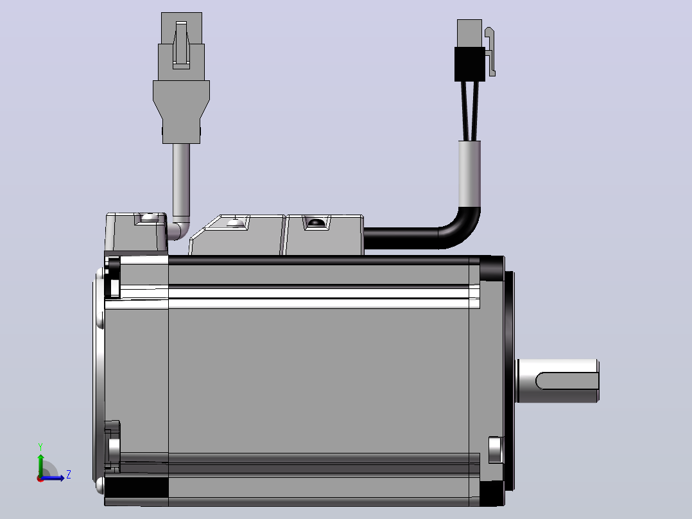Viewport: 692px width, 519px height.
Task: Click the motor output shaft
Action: click(x=557, y=381)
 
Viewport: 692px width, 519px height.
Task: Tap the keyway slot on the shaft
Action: click(x=567, y=381)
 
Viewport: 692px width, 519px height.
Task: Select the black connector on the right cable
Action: click(x=470, y=64)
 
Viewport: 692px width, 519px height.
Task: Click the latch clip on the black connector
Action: click(x=490, y=51)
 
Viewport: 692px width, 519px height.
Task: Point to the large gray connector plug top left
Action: click(x=182, y=78)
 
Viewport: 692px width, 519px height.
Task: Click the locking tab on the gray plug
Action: click(x=182, y=44)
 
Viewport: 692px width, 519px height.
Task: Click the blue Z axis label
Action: click(x=69, y=475)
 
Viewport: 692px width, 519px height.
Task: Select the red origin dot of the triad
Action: click(x=40, y=479)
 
